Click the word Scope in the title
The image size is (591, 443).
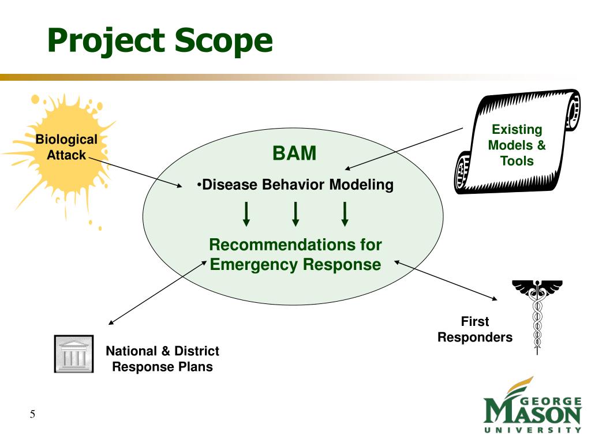click(223, 41)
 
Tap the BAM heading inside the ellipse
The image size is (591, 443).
click(294, 153)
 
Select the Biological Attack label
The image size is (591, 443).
click(66, 147)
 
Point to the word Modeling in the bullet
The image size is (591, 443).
click(361, 185)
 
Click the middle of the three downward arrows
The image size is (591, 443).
click(296, 214)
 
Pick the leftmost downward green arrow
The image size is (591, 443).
click(246, 214)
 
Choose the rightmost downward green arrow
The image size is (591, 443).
click(345, 214)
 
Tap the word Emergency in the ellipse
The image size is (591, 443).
click(254, 264)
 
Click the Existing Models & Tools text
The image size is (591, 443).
click(517, 145)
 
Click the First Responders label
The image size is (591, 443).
click(475, 329)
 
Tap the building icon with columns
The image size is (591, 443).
click(74, 354)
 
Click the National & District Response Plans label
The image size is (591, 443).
click(162, 359)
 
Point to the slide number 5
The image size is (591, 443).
click(32, 414)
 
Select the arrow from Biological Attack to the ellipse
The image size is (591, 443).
click(135, 172)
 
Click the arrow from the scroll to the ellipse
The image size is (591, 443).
click(404, 149)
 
